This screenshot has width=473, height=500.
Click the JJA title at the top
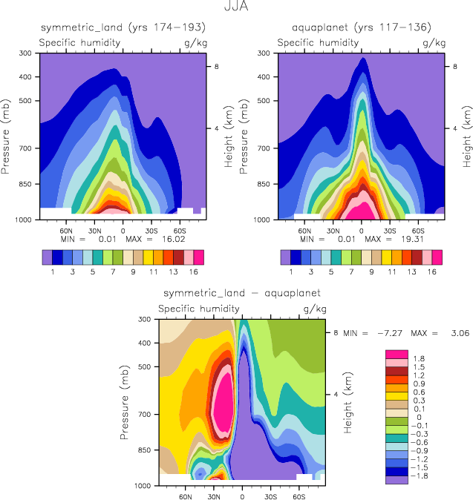[x=236, y=8]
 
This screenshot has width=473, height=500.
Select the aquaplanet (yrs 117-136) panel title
[x=361, y=27]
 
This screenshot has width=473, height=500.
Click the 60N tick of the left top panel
[x=66, y=230]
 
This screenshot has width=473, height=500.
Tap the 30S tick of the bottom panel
[x=270, y=496]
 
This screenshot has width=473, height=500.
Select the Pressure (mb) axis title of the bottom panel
[x=123, y=402]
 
